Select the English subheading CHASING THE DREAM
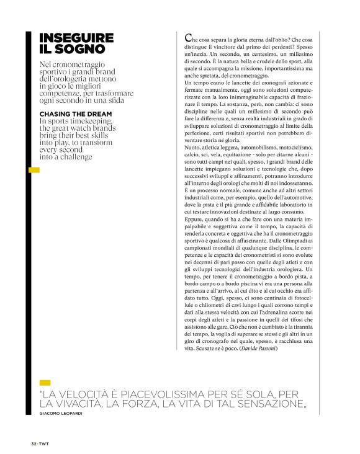coord(76,114)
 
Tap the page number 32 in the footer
coord(34,444)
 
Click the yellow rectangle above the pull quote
coord(45,383)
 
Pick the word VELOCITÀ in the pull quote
coord(88,394)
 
